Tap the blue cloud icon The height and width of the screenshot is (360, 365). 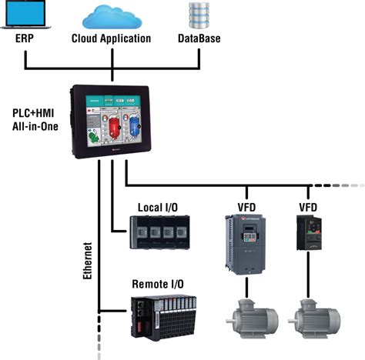pos(112,15)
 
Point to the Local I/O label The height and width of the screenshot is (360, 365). pos(159,208)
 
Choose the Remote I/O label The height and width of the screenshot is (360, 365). pos(156,283)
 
